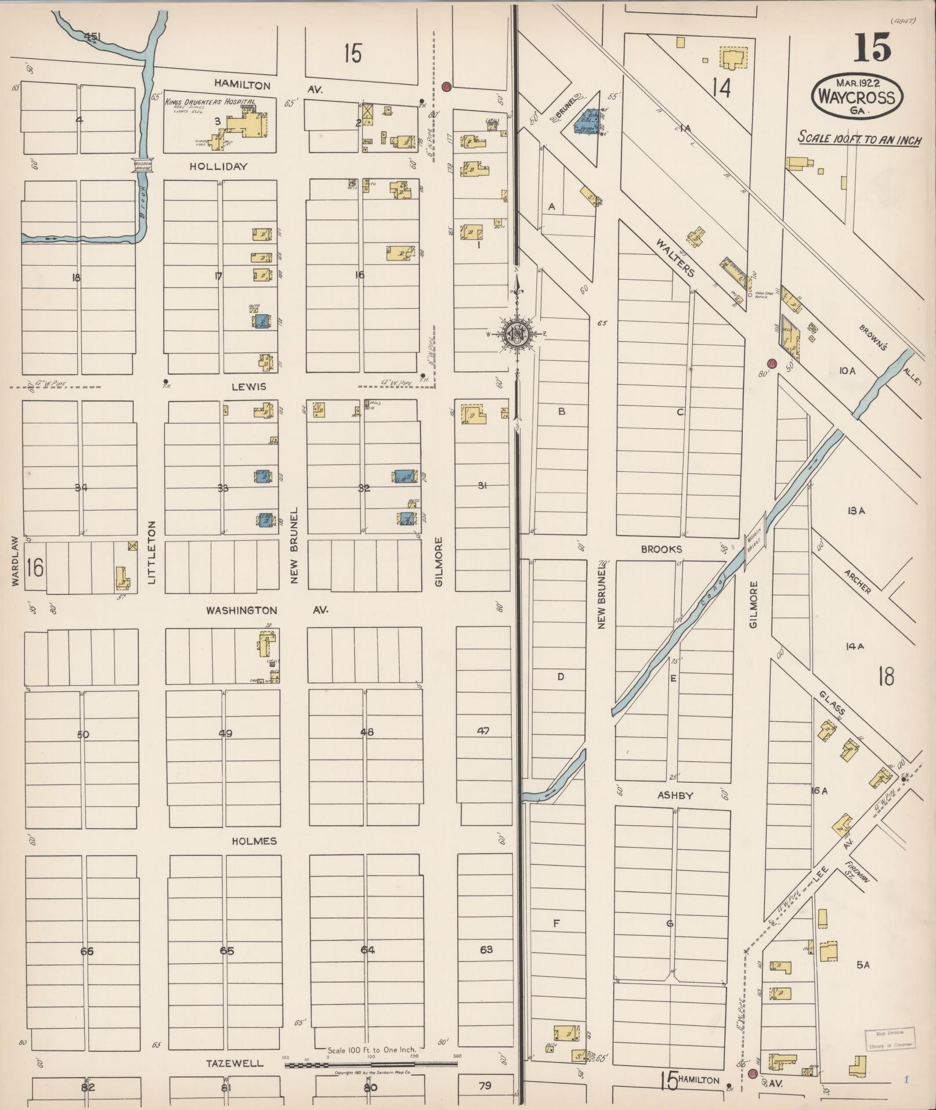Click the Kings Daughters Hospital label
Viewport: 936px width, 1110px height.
click(209, 102)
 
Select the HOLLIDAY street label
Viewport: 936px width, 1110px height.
click(218, 167)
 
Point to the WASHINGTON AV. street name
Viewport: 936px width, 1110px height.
click(267, 610)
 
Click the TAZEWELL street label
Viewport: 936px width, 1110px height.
click(234, 1064)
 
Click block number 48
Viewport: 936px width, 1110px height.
click(367, 732)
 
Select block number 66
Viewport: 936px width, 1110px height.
click(87, 951)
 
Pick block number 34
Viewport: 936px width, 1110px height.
click(81, 487)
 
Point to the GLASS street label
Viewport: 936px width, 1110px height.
click(833, 703)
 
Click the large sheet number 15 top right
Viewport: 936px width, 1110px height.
click(871, 48)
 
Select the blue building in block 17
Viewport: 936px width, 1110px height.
click(262, 321)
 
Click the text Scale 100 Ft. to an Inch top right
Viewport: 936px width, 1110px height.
click(859, 139)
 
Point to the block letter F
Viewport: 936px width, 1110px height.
click(556, 923)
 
